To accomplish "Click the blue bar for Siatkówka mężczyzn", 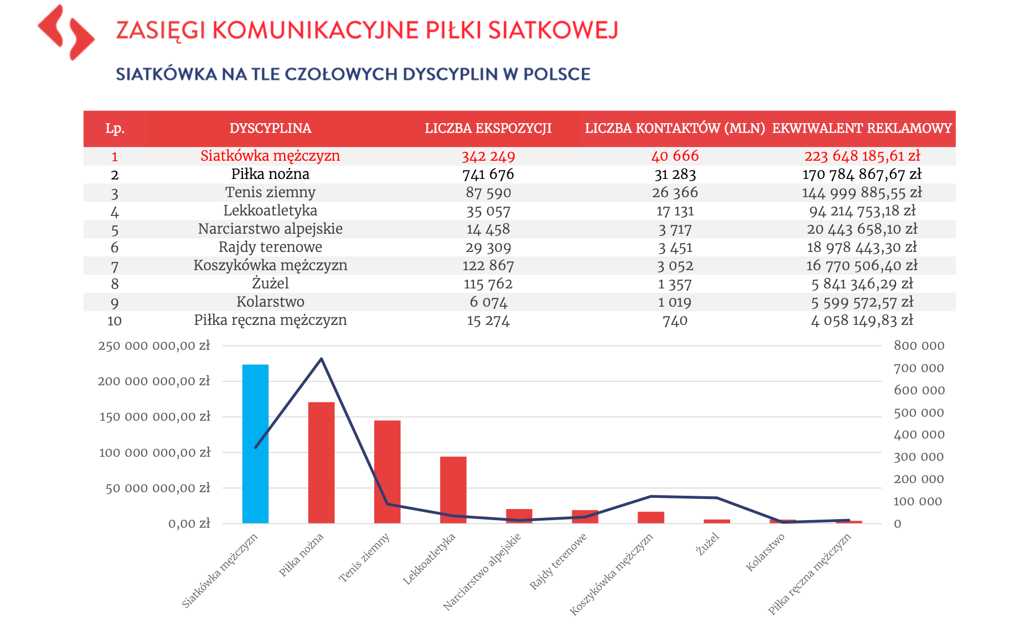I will [x=255, y=444].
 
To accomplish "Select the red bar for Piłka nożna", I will [x=321, y=462].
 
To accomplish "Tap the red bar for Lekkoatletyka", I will [x=453, y=490].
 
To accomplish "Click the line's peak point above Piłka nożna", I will [x=322, y=359].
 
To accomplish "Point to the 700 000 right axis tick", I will [x=919, y=368].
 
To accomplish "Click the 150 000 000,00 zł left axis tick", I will [x=154, y=417].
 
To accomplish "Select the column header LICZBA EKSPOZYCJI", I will [x=488, y=128].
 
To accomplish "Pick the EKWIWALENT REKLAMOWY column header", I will [x=862, y=128].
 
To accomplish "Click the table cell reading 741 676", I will [x=488, y=174].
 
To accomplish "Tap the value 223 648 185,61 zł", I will [x=862, y=156].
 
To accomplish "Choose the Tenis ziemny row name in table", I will [x=270, y=193].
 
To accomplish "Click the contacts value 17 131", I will [x=675, y=211].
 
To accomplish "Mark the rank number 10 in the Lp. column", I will [x=114, y=321].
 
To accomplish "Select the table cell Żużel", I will [x=270, y=284].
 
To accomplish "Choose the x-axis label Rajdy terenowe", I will [x=558, y=561].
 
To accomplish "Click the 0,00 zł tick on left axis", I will [x=189, y=524].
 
